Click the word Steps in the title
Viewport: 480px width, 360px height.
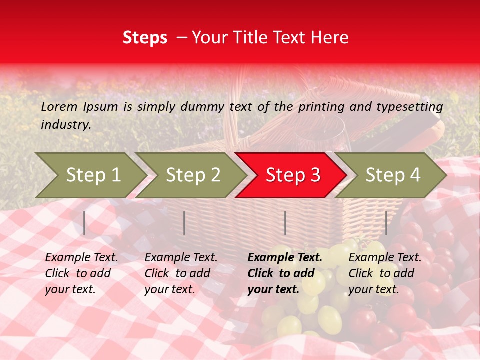coord(145,38)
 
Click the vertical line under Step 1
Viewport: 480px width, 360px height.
coord(84,223)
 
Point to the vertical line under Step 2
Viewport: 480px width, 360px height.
coord(184,223)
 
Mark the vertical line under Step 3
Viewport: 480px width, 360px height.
coord(285,223)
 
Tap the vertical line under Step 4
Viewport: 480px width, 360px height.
coord(386,223)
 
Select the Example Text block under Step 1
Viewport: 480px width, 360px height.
coord(81,273)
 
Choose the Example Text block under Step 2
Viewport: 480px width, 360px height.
coord(181,273)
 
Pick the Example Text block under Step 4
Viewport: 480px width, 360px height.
coord(385,273)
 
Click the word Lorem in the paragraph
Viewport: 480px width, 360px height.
coord(59,106)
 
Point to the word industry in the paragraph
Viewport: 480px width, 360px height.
coord(65,124)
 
